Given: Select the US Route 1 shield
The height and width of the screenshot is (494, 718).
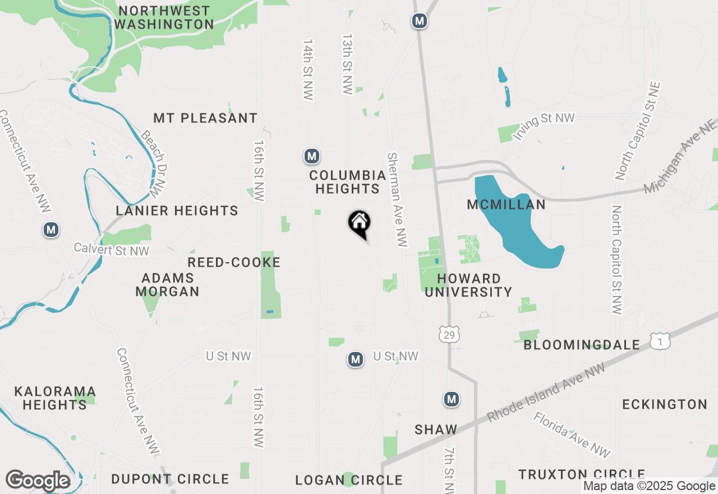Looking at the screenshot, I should (660, 340).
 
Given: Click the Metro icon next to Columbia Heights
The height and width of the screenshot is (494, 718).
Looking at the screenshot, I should (312, 156).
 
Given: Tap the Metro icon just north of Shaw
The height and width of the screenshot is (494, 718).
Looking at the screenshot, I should (452, 399).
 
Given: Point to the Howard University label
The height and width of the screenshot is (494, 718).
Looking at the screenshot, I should (468, 285).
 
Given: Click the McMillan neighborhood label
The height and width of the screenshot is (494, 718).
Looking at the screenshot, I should (506, 205).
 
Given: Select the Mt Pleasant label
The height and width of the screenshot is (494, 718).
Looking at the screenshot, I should (205, 118).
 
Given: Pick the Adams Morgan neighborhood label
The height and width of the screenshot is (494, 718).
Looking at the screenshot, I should (167, 285).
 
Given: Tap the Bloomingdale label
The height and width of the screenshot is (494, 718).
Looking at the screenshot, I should (582, 345).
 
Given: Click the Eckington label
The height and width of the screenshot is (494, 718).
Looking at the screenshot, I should (665, 404).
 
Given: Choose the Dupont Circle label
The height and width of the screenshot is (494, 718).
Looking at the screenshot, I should (170, 479).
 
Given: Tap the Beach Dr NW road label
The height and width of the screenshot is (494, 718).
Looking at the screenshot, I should (155, 164).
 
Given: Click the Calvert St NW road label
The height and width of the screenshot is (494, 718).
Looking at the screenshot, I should (112, 250).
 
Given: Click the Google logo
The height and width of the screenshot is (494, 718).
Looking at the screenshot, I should (38, 481).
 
